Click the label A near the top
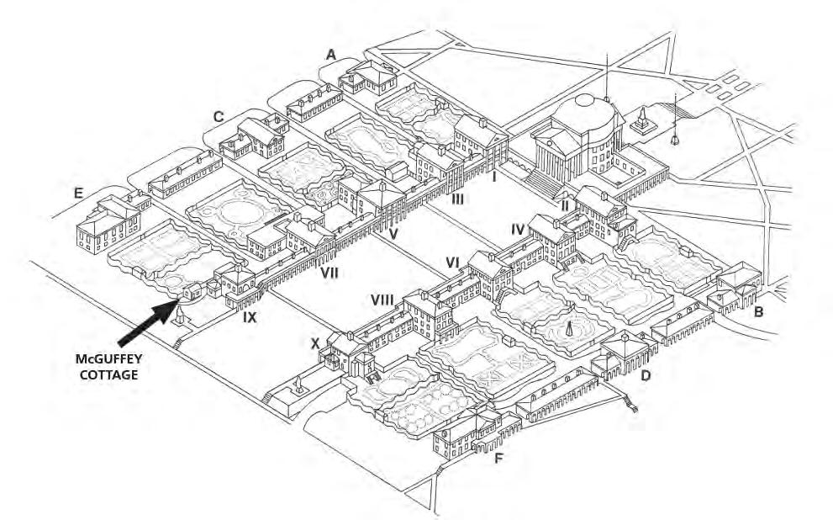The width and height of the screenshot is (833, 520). [331, 54]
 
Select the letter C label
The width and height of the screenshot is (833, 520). [219, 117]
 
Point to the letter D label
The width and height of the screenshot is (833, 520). [646, 374]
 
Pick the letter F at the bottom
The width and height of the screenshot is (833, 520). [500, 459]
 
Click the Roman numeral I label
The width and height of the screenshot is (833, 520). [495, 177]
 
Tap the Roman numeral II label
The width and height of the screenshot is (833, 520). [564, 205]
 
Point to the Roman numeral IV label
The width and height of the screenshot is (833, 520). [518, 228]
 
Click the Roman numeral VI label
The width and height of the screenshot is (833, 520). [452, 263]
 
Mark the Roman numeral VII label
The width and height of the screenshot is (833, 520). [328, 272]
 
